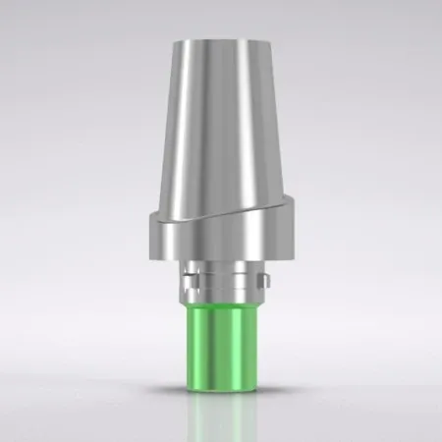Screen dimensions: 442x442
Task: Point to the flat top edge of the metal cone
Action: click(x=221, y=42)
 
